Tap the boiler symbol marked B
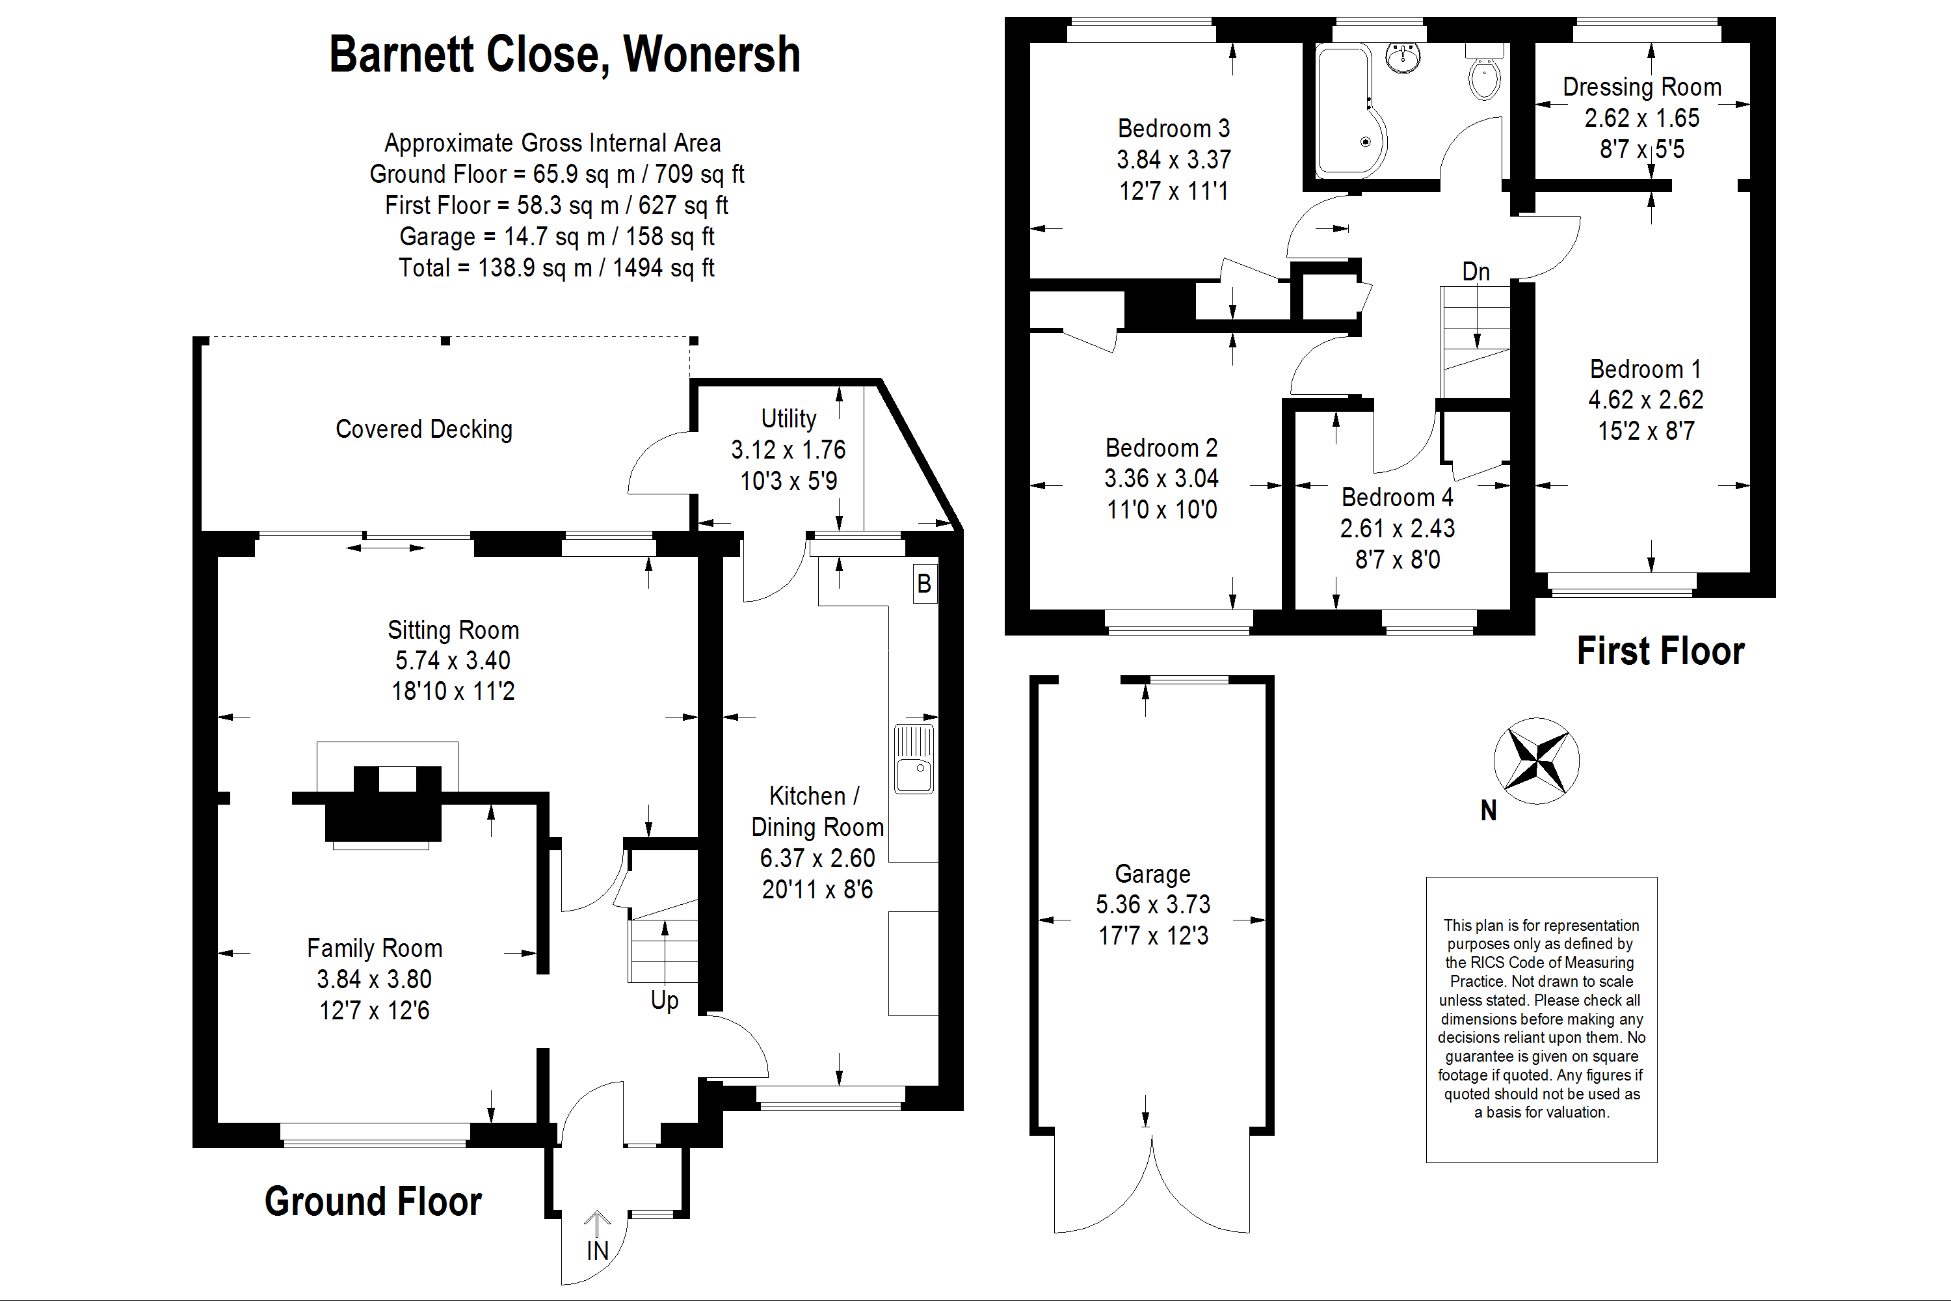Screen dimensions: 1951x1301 click(924, 584)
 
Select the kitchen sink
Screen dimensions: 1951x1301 click(914, 759)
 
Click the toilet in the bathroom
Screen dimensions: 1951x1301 click(1484, 75)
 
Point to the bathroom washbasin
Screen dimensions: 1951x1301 click(1403, 58)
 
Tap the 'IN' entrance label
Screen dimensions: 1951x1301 click(597, 1250)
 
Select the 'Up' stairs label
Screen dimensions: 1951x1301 click(665, 1000)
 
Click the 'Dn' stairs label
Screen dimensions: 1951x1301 click(1476, 271)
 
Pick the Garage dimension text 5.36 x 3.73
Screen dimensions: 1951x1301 click(1153, 904)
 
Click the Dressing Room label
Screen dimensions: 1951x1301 click(1641, 87)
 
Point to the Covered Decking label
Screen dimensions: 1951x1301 click(424, 429)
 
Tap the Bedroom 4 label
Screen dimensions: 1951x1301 click(1397, 497)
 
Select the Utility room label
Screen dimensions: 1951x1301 click(788, 418)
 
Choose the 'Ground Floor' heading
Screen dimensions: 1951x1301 click(373, 1201)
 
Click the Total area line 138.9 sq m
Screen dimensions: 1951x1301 click(556, 268)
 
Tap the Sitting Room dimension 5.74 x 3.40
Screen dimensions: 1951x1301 click(453, 660)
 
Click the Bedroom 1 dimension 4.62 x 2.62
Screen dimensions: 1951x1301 click(1646, 400)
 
